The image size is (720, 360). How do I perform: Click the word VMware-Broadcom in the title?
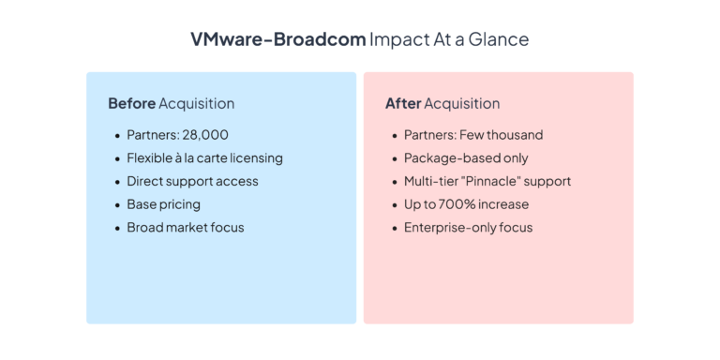click(277, 39)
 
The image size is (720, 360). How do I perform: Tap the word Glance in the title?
click(501, 39)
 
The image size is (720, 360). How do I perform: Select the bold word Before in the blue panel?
click(131, 103)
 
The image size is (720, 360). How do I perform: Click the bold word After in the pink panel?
click(403, 103)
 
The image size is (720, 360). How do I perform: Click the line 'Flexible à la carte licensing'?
click(204, 157)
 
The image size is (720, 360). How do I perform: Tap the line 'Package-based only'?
click(466, 157)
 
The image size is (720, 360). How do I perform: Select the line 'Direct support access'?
click(192, 181)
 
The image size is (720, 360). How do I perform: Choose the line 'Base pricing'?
click(163, 203)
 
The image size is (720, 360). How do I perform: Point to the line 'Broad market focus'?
click(186, 227)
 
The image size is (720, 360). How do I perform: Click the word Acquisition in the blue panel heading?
click(197, 103)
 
